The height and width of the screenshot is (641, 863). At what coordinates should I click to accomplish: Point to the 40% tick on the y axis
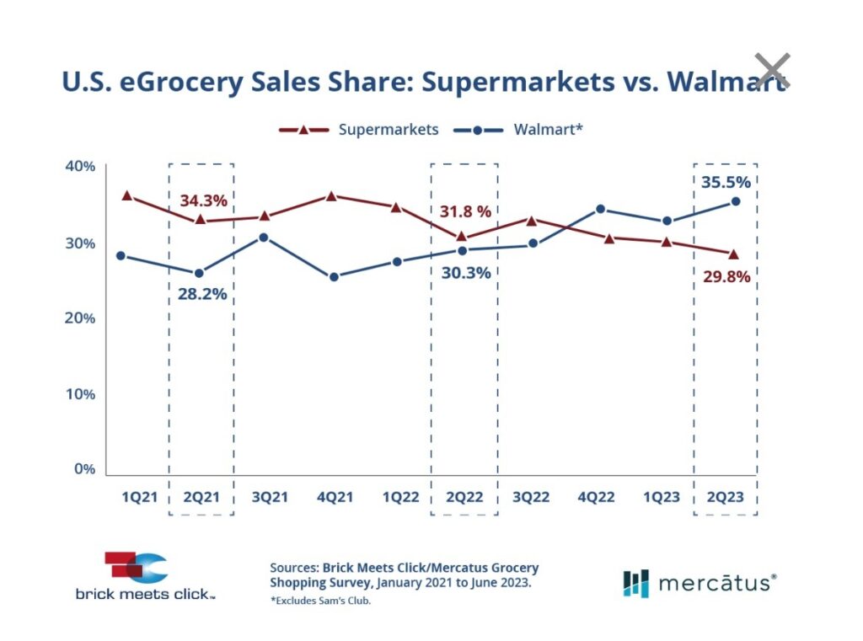tap(80, 166)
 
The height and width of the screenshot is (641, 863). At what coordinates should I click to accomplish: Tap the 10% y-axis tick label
tap(80, 393)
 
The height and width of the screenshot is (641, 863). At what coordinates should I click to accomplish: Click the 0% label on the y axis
tap(84, 469)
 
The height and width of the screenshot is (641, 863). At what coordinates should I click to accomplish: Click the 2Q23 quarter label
tap(725, 497)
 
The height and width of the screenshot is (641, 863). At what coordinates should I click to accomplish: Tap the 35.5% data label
tap(725, 182)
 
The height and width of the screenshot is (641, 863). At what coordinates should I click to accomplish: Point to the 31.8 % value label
tap(464, 211)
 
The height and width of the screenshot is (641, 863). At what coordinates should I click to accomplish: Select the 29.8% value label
tap(726, 276)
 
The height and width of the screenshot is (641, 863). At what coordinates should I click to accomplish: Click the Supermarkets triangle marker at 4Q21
tap(331, 195)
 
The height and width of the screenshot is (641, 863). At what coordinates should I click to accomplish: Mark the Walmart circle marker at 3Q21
tap(264, 238)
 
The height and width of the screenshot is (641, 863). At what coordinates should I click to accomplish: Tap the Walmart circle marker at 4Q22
tap(600, 209)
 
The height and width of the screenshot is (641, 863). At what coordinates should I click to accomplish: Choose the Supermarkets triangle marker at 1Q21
tap(127, 195)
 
